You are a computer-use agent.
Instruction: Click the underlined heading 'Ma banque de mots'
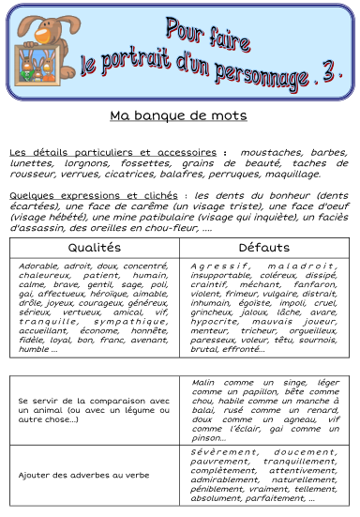pos(177,116)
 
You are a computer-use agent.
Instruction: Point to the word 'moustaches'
pos(269,151)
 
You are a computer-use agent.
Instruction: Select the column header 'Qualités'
pos(94,248)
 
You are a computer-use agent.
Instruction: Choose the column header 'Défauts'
pos(264,248)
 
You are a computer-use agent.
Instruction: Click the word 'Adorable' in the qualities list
pos(39,266)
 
